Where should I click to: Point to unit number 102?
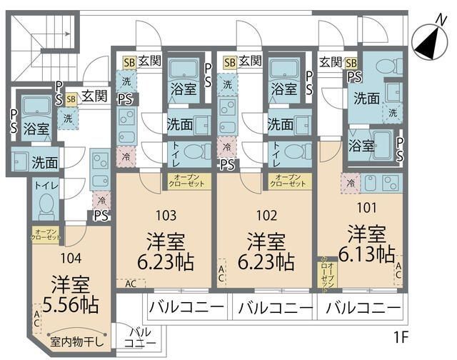(x=266, y=213)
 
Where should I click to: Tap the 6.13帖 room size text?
(x=367, y=254)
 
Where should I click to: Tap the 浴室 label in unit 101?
(x=361, y=146)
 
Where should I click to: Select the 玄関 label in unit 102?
(x=251, y=61)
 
